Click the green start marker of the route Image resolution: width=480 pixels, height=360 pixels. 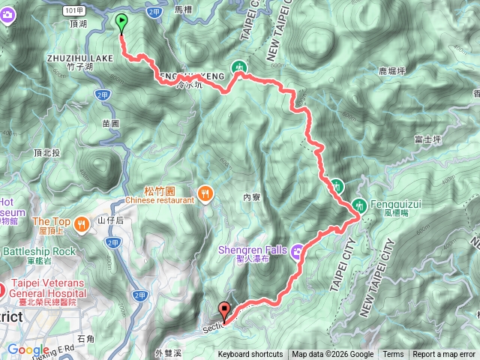[x=121, y=25]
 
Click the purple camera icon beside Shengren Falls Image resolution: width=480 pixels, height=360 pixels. [x=298, y=249]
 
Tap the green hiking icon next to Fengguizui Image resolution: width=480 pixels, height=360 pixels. [x=358, y=204]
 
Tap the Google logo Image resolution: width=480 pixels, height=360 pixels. [x=28, y=349]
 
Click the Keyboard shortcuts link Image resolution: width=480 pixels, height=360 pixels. [x=250, y=355]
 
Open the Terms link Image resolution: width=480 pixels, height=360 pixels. [x=393, y=355]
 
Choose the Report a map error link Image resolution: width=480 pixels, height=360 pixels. [x=444, y=355]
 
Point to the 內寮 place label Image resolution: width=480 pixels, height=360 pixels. [x=251, y=197]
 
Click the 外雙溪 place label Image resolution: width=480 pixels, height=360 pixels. [x=169, y=352]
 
